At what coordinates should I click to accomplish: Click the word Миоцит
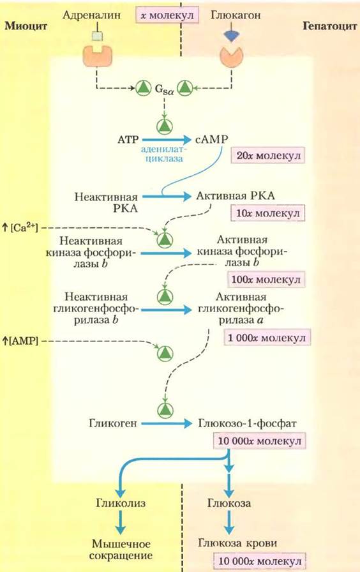click(26, 26)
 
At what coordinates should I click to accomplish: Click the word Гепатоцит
click(330, 26)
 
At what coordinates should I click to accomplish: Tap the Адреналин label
click(91, 15)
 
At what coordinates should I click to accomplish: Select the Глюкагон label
click(236, 15)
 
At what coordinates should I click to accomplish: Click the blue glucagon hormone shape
click(232, 35)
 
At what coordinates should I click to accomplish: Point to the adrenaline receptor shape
click(98, 57)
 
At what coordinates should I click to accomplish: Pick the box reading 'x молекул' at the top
click(167, 16)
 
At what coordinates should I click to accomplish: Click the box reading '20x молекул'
click(267, 156)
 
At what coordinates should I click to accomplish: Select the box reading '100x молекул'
click(266, 280)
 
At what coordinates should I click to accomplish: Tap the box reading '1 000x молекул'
click(267, 338)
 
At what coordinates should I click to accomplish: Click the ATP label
click(128, 140)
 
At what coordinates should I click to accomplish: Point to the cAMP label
click(211, 139)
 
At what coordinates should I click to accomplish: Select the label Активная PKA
click(236, 196)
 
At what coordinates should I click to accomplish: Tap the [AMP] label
click(20, 341)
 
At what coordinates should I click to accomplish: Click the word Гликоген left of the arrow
click(113, 423)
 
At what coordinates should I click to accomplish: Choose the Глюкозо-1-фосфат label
click(247, 423)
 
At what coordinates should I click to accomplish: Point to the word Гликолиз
click(121, 503)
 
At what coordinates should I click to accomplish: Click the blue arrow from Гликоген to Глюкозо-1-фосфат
click(167, 423)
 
